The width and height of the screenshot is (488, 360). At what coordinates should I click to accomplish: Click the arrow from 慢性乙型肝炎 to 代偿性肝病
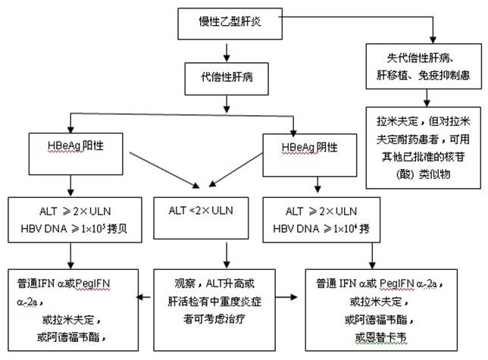coord(224,51)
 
